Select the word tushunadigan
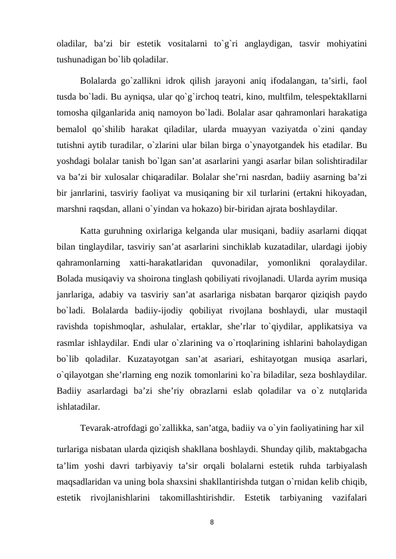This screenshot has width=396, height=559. (x=81, y=58)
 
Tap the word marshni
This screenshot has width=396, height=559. (x=72, y=208)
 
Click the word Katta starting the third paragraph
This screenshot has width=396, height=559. (x=92, y=230)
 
